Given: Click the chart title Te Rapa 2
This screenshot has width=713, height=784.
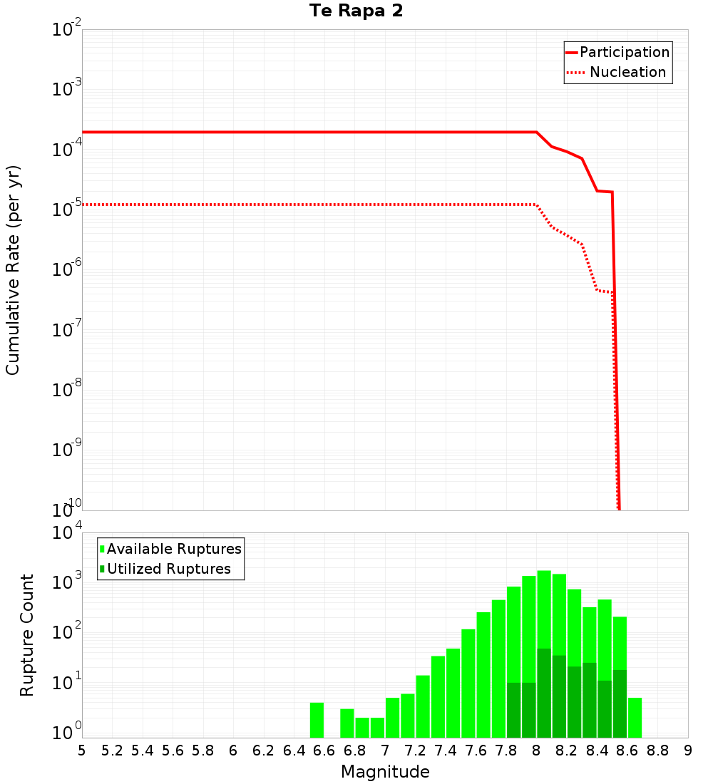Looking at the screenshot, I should point(356,11).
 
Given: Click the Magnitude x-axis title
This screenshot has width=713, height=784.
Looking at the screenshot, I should point(385,772).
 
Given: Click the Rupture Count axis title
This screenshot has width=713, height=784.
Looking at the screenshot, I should point(27,635).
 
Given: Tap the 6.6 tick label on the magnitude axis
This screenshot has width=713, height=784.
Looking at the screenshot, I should point(324,751).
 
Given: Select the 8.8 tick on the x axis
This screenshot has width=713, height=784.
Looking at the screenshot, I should point(658,751).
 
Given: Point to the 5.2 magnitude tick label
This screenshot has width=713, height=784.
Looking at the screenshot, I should point(112,751).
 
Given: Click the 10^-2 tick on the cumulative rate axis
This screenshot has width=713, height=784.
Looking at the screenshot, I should point(67,31).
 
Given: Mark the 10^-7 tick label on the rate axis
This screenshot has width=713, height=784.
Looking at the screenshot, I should point(67,330).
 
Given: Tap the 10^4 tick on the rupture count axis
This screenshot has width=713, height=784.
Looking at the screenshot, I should point(67,534).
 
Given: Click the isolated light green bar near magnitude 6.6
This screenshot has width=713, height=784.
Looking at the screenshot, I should point(317,721).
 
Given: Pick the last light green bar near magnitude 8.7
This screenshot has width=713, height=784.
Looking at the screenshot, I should point(635,718).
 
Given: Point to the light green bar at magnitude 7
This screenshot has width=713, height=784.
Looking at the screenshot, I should point(392,718).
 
